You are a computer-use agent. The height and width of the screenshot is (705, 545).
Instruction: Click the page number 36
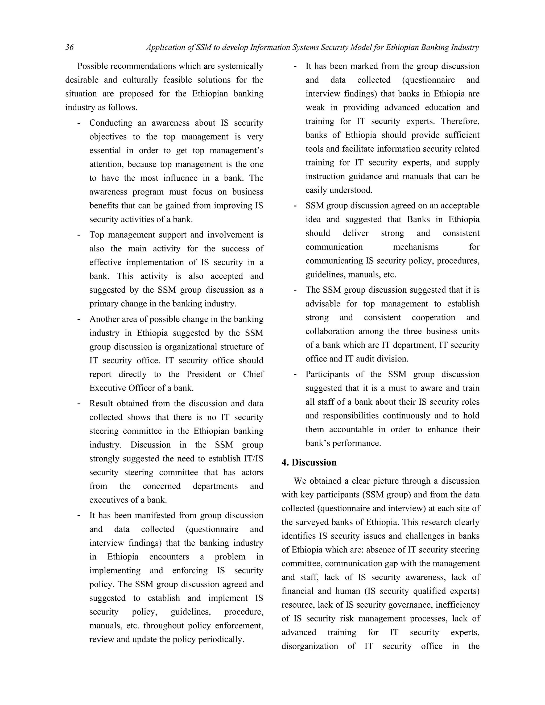click(69, 47)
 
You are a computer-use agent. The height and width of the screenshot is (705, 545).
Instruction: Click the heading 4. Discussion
click(309, 462)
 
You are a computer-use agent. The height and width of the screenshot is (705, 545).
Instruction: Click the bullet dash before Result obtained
click(79, 404)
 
